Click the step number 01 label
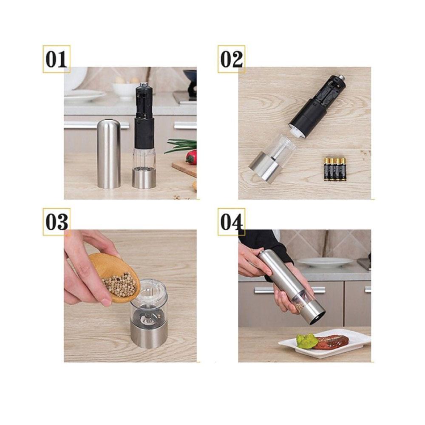pyautogui.click(x=57, y=59)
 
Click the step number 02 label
pyautogui.click(x=231, y=59)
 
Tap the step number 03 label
pyautogui.click(x=57, y=222)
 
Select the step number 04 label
pyautogui.click(x=231, y=222)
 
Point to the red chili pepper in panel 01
pyautogui.click(x=191, y=157)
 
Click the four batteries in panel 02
pyautogui.click(x=335, y=169)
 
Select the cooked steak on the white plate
pyautogui.click(x=331, y=341)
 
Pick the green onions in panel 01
pyautogui.click(x=181, y=145)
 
